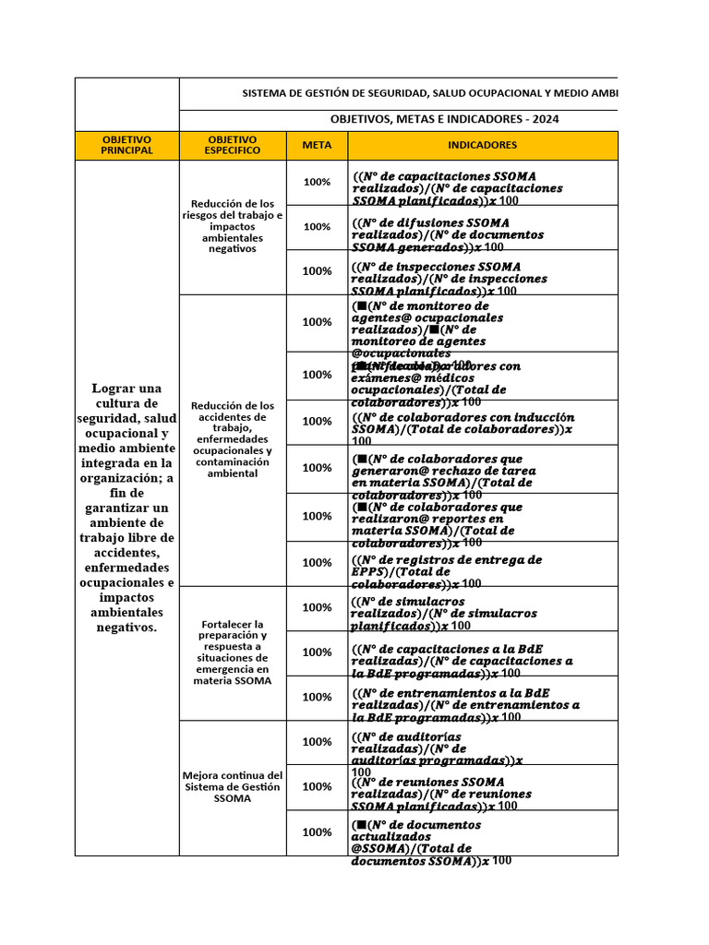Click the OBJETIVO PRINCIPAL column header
(126, 145)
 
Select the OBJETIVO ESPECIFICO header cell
(233, 145)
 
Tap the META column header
(317, 145)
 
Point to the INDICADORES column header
(482, 145)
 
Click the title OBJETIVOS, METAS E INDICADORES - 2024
(443, 119)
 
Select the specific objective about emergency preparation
(233, 652)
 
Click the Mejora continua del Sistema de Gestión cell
(233, 786)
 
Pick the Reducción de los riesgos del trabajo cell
(233, 226)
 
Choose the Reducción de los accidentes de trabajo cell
(233, 438)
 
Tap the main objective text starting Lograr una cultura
(126, 508)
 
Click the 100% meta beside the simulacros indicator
(317, 607)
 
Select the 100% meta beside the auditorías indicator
(317, 742)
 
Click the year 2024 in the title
(544, 119)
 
